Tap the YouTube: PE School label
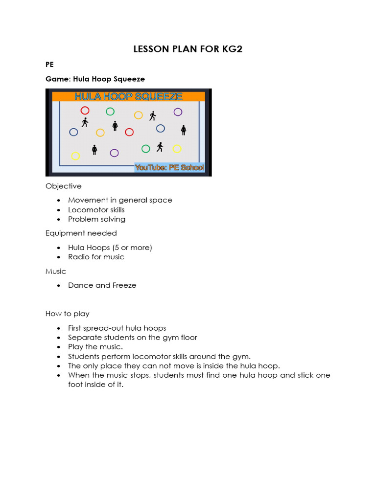point(169,168)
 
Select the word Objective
point(64,186)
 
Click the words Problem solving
point(96,219)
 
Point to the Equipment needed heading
point(81,233)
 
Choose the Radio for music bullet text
point(96,257)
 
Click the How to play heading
point(68,314)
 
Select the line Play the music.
point(95,347)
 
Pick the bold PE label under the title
point(49,64)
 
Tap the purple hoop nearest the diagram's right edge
point(178,112)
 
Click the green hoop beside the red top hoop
point(110,112)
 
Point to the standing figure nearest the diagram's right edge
point(184,130)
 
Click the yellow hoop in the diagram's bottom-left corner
point(75,156)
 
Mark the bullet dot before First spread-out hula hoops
point(58,328)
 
